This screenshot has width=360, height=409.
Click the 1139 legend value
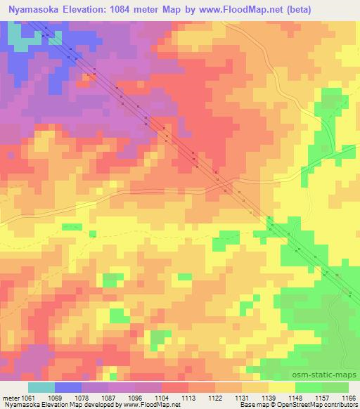(x=269, y=398)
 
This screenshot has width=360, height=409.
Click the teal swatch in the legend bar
(x=41, y=387)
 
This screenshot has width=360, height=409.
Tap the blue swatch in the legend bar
(x=68, y=387)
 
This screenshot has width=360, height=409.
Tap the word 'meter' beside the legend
(x=9, y=398)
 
